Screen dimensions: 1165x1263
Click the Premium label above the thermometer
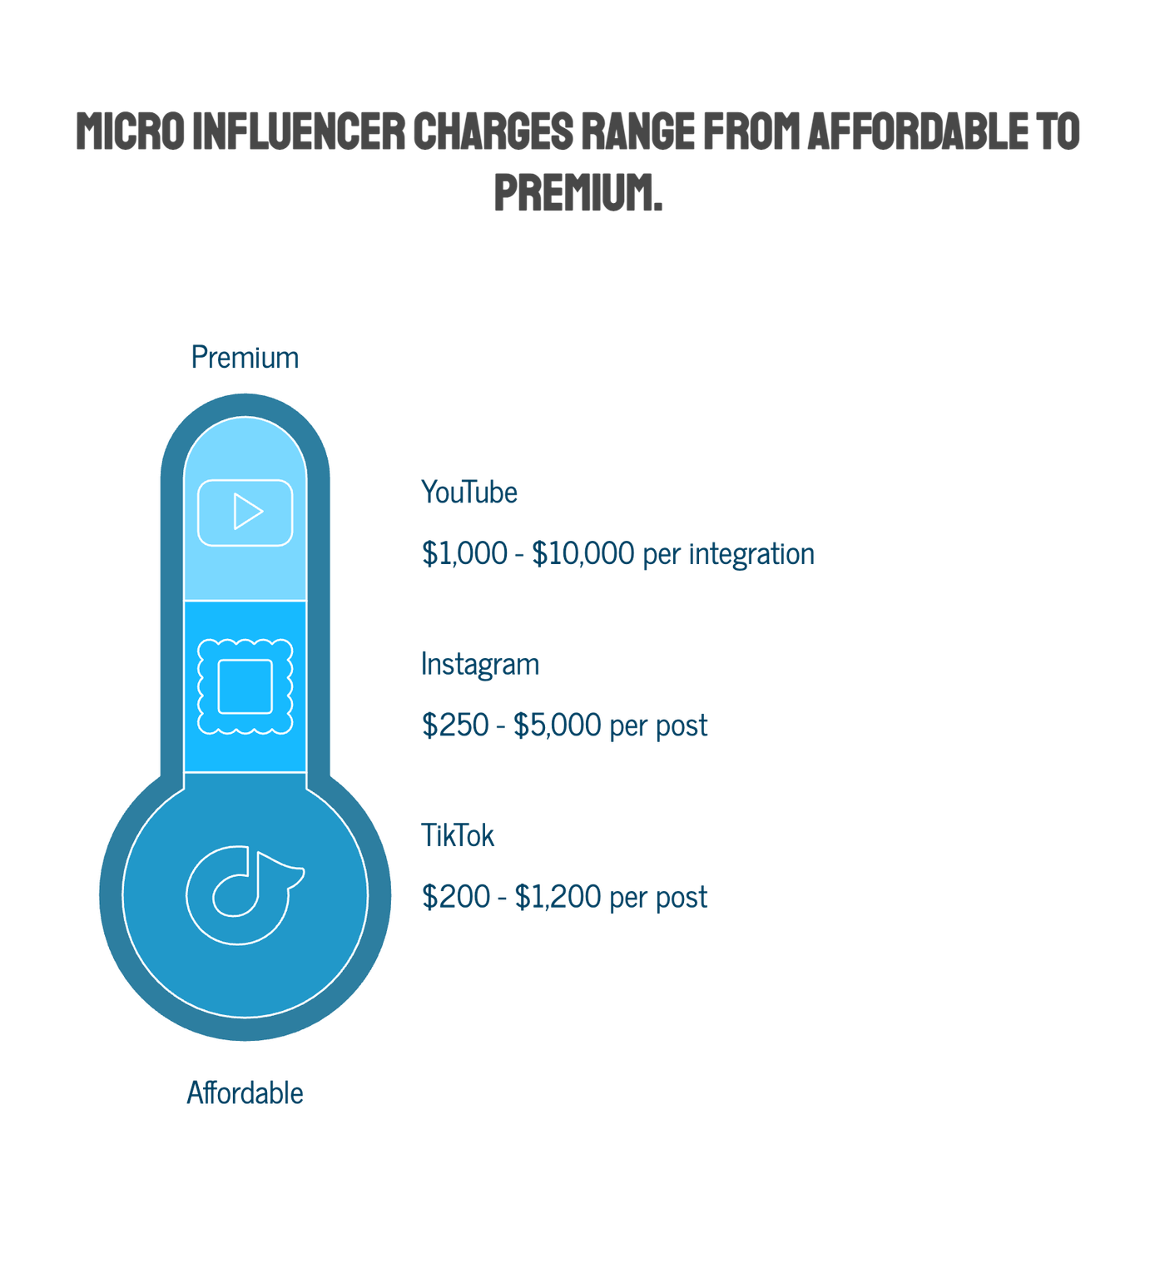coord(245,358)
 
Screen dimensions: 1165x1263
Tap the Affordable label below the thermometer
coord(245,1092)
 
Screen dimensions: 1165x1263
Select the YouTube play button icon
coord(245,513)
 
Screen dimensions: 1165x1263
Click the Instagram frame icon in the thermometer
coord(245,686)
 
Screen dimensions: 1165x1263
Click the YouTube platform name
coord(469,493)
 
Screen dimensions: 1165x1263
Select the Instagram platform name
coord(480,665)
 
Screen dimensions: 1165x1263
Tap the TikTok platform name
coord(458,835)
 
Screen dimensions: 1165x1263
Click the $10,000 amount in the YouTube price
coord(582,553)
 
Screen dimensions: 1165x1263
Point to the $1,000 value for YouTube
coord(464,553)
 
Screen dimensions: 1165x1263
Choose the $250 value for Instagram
coord(455,725)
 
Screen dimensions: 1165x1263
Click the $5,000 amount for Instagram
coord(557,725)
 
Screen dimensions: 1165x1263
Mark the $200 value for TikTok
coord(455,897)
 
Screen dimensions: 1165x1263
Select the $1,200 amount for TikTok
coord(558,897)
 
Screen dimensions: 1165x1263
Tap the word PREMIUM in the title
coord(578,192)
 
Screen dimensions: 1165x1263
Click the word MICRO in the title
coord(130,131)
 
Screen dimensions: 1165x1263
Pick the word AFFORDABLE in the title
coord(918,131)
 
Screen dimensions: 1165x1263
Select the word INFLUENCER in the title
coord(299,131)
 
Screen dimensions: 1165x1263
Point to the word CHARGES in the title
coord(493,131)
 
